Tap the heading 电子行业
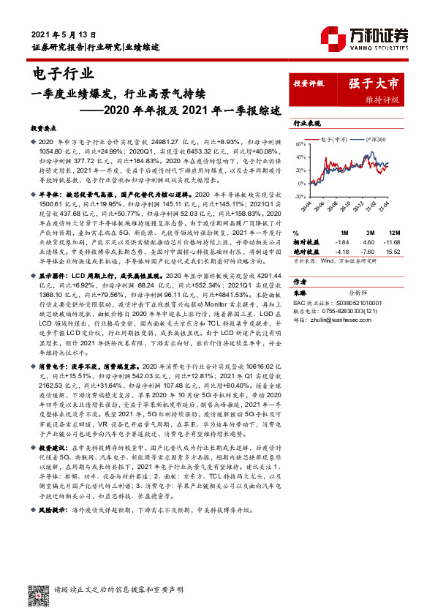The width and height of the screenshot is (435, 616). (x=64, y=73)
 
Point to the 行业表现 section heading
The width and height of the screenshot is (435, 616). (x=307, y=124)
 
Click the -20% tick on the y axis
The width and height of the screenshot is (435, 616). (x=298, y=196)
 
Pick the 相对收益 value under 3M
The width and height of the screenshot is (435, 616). (x=368, y=241)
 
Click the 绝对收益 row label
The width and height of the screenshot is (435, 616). (x=306, y=251)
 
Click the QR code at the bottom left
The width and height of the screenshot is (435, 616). (x=37, y=595)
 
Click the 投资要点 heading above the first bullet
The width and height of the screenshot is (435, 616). (x=43, y=127)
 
